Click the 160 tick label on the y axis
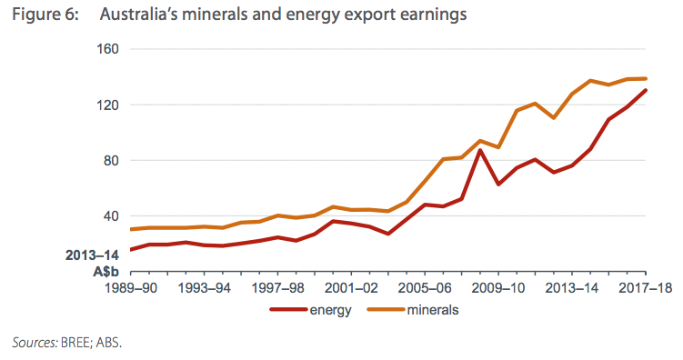107,49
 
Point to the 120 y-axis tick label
107,105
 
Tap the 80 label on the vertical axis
111,161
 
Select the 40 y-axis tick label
111,216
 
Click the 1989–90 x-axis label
131,288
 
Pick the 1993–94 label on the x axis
205,288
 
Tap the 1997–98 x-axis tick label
278,288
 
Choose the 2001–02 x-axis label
351,288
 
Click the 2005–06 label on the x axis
425,288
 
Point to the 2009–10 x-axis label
498,288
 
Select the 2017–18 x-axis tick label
646,288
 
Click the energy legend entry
310,310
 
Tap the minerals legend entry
413,310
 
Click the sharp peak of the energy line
480,150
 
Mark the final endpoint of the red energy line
646,90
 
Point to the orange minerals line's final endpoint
646,79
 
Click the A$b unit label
105,272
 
